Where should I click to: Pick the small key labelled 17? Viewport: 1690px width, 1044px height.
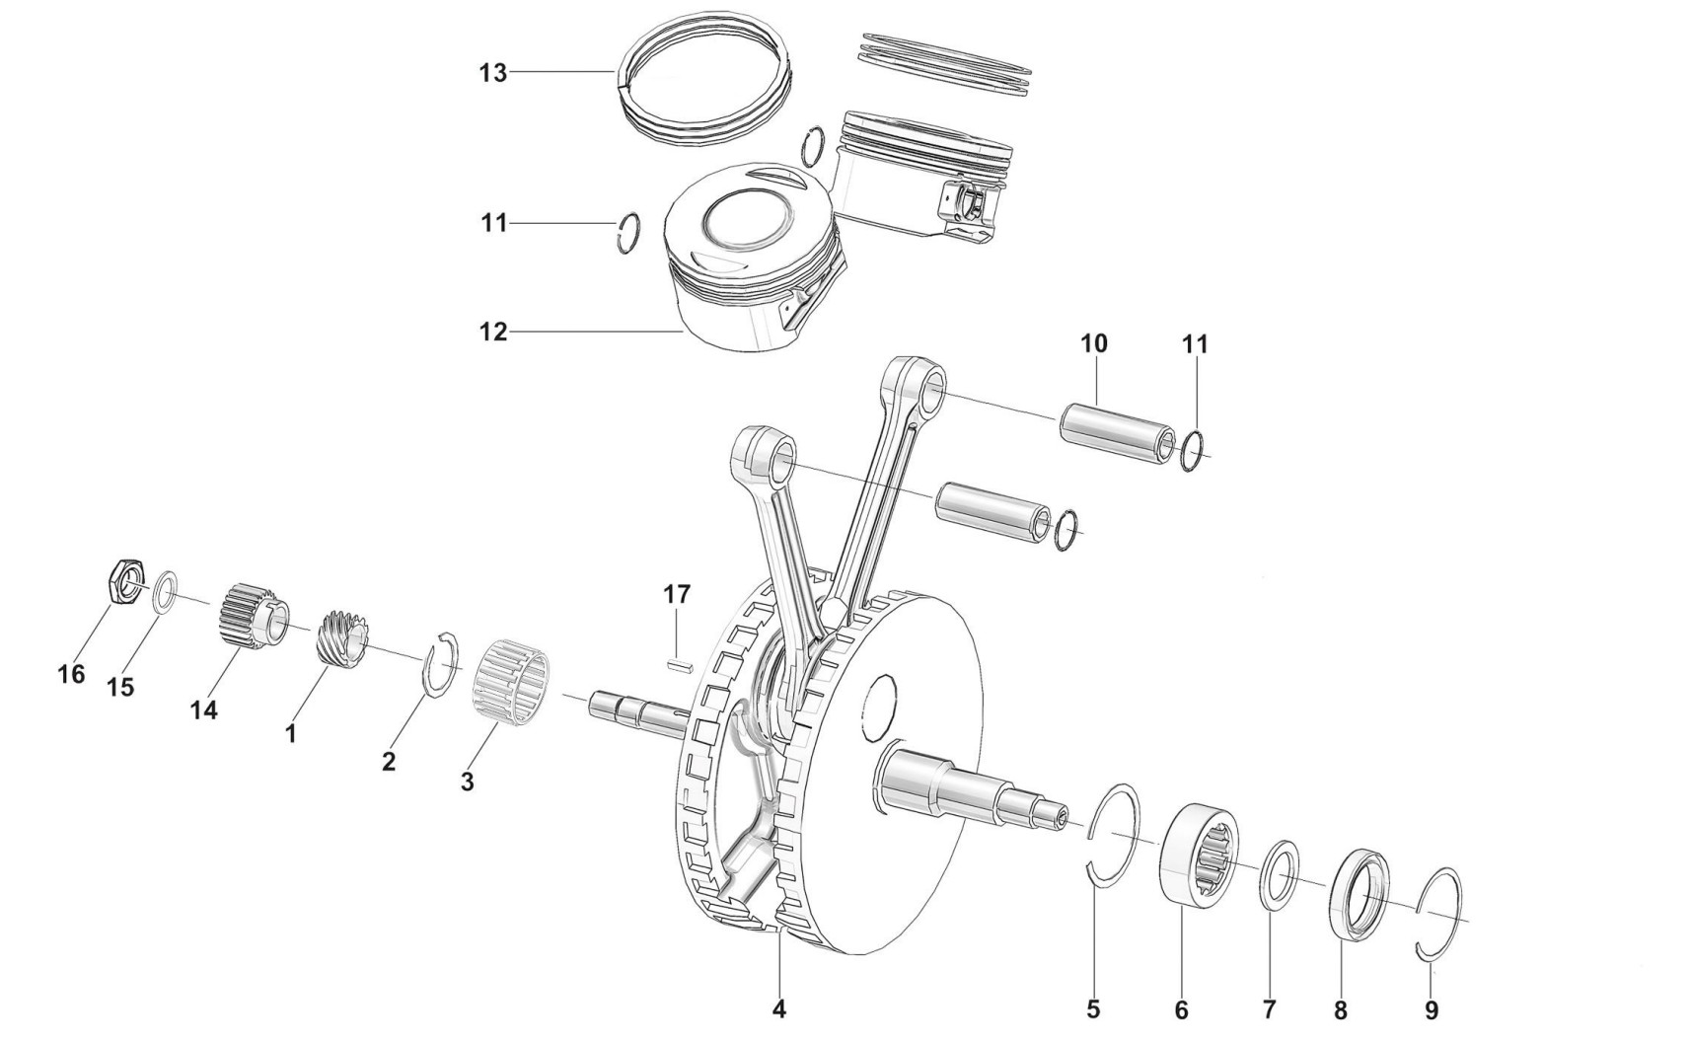pos(677,664)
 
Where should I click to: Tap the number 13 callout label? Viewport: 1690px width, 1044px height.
pos(493,73)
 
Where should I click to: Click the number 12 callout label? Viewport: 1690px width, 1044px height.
pos(493,333)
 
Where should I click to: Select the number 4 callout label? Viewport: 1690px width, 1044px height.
pos(779,1009)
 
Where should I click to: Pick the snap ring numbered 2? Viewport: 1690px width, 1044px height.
pos(439,663)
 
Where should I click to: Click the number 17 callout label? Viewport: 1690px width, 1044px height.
pos(676,595)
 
